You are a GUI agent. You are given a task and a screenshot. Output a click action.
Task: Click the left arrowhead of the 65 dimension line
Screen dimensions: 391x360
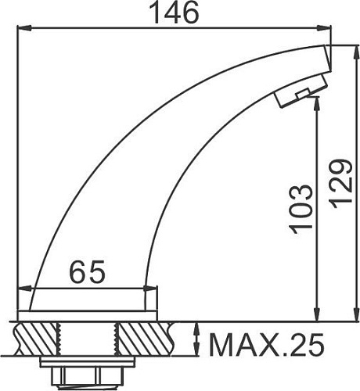click(x=34, y=290)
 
